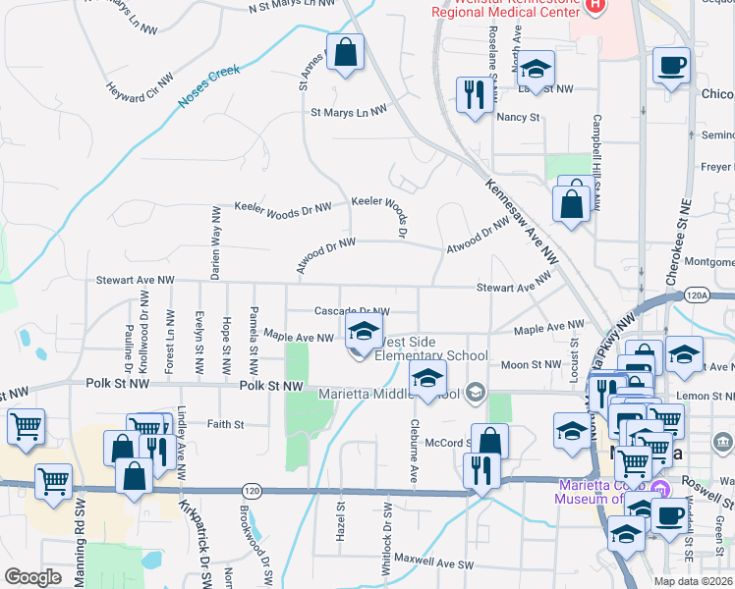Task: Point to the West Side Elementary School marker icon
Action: tap(363, 332)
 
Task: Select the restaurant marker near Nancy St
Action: tap(475, 95)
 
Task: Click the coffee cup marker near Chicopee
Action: tap(672, 66)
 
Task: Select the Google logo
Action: tap(33, 576)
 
